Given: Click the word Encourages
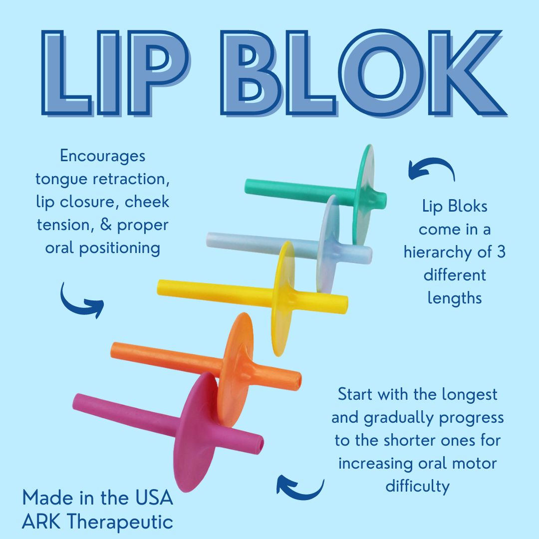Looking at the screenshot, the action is pos(102,156).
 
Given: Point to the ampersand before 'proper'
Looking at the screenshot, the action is pos(107,224).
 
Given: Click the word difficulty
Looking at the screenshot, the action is pos(417,487).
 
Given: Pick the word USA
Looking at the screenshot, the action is pos(154,498).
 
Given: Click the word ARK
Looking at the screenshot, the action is pos(41,521).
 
